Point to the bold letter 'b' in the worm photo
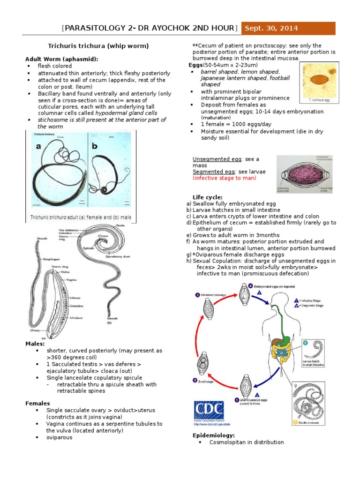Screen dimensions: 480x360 (94, 147)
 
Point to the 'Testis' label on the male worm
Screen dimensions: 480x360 (120, 225)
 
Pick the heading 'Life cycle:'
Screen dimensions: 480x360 (208, 197)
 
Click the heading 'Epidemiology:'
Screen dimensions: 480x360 (214, 435)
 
